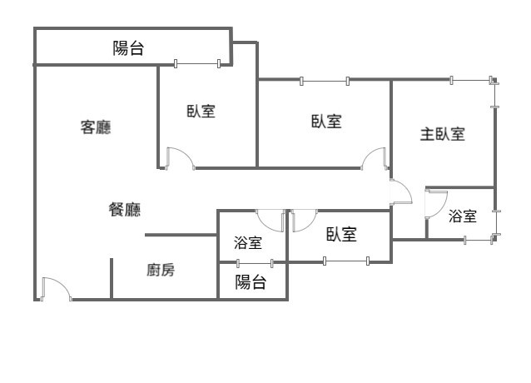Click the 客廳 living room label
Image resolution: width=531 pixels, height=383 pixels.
(96, 127)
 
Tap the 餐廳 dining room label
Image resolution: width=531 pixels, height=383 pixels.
(125, 210)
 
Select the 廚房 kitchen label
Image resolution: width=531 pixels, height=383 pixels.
(161, 270)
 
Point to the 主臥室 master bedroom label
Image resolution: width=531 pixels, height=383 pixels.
(442, 134)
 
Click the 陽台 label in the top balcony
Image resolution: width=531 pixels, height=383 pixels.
(128, 48)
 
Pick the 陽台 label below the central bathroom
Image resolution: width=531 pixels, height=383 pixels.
(251, 282)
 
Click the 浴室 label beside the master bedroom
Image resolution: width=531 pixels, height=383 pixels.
(463, 216)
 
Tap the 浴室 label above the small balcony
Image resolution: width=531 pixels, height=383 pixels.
(248, 243)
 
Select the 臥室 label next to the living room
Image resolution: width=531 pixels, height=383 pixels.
(201, 111)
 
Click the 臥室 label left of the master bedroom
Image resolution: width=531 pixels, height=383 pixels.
(325, 122)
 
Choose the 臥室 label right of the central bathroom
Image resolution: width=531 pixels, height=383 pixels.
(341, 235)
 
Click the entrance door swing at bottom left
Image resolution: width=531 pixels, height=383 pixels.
(55, 289)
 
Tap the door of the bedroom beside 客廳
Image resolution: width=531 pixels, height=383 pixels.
(180, 158)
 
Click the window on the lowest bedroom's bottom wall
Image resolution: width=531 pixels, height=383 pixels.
(345, 261)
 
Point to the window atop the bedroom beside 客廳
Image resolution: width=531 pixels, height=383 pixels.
(197, 63)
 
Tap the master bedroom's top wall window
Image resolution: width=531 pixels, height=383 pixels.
(470, 80)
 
